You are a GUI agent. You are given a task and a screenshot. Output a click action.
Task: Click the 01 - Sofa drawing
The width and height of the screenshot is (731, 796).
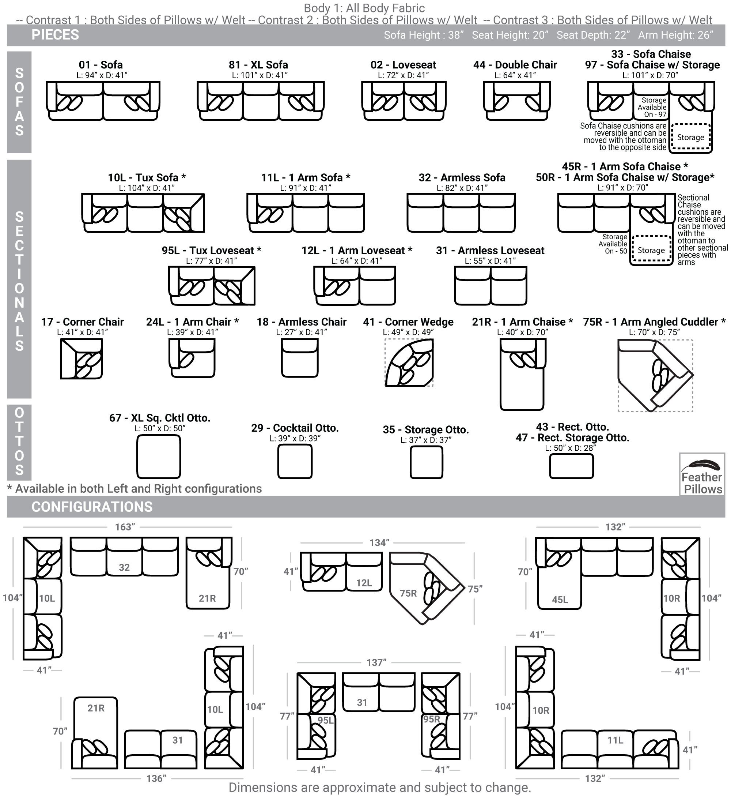[x=103, y=101]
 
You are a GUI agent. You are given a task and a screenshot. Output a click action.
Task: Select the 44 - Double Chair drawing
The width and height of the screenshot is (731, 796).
[x=516, y=101]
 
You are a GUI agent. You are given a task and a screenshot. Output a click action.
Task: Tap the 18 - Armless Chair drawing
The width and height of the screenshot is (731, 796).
[x=300, y=358]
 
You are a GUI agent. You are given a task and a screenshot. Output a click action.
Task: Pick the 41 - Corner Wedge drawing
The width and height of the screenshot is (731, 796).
[x=409, y=363]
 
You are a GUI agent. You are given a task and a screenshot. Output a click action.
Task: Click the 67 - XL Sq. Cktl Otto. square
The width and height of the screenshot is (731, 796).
[x=159, y=457]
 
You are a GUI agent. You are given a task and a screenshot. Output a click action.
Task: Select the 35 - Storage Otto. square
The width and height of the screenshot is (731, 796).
[x=426, y=462]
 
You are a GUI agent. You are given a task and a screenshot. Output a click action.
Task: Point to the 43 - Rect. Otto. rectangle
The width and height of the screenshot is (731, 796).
[x=571, y=466]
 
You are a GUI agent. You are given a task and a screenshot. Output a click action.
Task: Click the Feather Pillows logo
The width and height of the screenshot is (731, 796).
[x=702, y=474]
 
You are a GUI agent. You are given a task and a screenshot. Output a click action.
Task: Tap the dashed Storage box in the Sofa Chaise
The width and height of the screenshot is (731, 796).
[x=691, y=137]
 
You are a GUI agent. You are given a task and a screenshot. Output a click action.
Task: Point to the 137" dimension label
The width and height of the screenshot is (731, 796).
[x=376, y=662]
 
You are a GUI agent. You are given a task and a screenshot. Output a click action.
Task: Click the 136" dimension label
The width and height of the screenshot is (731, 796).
[x=156, y=778]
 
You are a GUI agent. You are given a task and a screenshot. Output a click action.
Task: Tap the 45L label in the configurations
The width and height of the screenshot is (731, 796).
[x=560, y=600]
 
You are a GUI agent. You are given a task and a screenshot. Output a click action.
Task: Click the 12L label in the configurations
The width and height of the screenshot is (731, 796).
[x=364, y=583]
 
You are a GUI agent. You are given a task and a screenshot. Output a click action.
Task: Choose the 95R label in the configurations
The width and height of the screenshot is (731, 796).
[x=432, y=719]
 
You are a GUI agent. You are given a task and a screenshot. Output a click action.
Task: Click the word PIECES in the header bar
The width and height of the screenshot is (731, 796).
[x=56, y=35]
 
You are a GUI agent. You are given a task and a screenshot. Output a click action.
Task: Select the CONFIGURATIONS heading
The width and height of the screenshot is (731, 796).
[x=92, y=507]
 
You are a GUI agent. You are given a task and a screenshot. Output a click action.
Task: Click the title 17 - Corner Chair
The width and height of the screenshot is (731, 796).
[x=82, y=322]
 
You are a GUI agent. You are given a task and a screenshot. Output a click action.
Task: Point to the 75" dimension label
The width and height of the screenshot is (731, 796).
[x=475, y=589]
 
